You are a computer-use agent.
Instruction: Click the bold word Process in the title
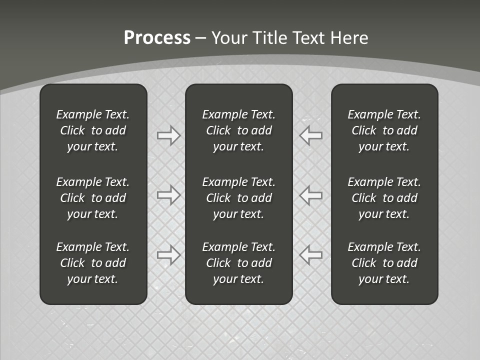(x=157, y=38)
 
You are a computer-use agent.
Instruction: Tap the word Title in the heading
(x=271, y=38)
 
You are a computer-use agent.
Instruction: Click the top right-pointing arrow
(x=168, y=135)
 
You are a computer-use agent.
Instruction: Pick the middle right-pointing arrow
(x=168, y=194)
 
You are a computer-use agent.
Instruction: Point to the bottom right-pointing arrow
(x=168, y=254)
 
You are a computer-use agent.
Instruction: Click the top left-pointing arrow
(x=311, y=135)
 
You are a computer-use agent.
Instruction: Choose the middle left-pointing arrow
(x=311, y=194)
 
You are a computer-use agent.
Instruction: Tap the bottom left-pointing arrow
(x=311, y=254)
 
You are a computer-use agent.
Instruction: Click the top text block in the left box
(x=93, y=130)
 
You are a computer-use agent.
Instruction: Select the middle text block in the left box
(x=93, y=198)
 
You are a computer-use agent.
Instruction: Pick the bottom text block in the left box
(x=93, y=263)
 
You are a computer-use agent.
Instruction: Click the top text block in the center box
(x=238, y=130)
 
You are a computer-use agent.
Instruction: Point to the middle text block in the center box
(x=238, y=198)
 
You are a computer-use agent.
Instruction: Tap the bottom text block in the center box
(x=238, y=263)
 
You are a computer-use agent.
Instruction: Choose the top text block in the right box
(x=384, y=130)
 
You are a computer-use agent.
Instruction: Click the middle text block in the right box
(x=384, y=198)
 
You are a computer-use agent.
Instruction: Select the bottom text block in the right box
(x=384, y=263)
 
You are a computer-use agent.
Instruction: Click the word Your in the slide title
(x=230, y=38)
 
